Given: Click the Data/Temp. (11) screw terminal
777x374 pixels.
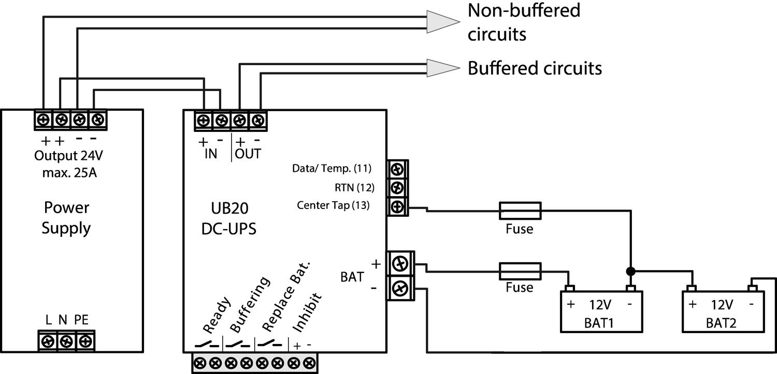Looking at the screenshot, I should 397,169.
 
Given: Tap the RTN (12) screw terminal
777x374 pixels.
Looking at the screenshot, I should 397,187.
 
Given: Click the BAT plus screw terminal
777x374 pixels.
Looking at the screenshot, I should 400,264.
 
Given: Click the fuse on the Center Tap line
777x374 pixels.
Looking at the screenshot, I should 520,210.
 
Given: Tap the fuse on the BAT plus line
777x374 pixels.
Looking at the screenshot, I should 520,270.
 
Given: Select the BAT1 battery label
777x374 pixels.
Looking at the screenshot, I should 601,323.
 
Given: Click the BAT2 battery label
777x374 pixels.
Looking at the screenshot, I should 721,323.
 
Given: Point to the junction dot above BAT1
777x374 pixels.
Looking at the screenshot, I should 630,271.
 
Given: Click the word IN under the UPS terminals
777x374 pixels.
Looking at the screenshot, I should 210,154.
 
